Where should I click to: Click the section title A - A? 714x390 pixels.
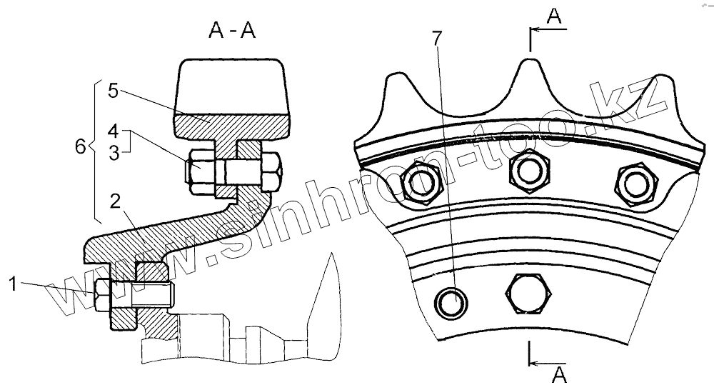click(232, 31)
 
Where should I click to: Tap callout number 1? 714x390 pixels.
click(13, 284)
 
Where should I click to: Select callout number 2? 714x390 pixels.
click(115, 201)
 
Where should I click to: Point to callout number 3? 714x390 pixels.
click(114, 153)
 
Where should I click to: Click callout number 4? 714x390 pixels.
click(114, 131)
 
